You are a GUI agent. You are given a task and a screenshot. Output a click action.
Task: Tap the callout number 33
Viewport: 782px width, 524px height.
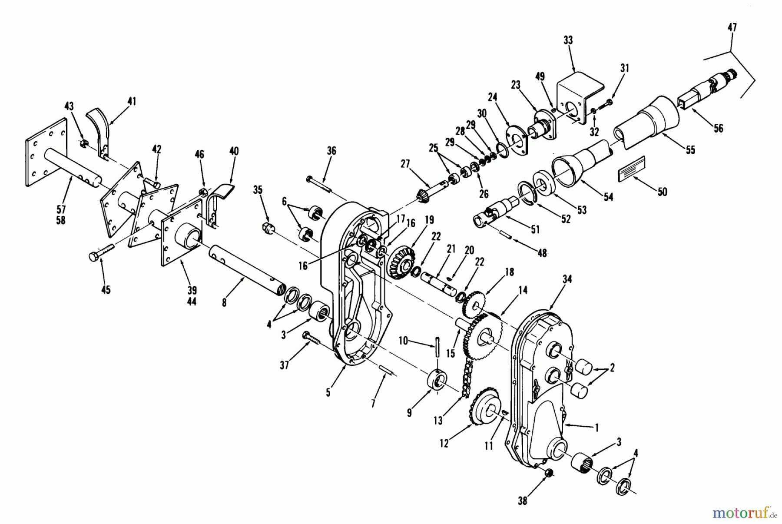point(568,40)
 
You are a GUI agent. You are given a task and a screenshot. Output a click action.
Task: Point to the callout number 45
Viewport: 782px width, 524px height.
point(106,289)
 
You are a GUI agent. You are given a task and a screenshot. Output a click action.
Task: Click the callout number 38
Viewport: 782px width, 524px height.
point(523,501)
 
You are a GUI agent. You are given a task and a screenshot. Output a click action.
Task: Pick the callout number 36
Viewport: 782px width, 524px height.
point(331,151)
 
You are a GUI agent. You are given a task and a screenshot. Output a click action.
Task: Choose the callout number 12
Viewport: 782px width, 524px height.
point(444,443)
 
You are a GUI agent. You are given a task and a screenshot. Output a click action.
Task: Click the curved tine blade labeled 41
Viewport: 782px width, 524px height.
point(100,126)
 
